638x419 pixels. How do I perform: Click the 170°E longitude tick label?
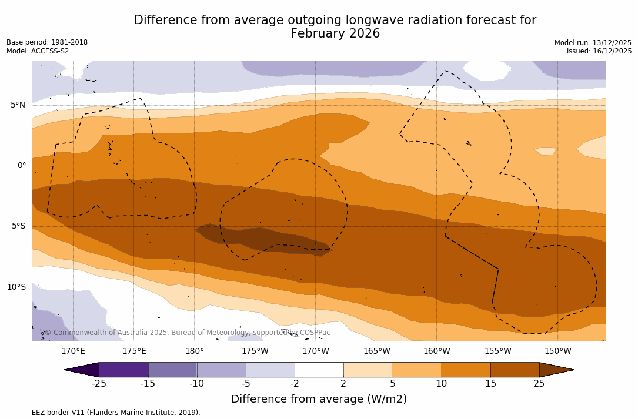(x=73, y=351)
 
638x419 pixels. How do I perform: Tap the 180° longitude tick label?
(x=195, y=351)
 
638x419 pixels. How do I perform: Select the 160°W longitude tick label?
(x=437, y=351)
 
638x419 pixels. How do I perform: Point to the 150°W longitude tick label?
(x=558, y=351)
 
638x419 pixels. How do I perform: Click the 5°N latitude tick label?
(x=18, y=105)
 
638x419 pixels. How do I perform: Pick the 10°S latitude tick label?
(x=16, y=287)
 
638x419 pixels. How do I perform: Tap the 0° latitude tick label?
(x=21, y=166)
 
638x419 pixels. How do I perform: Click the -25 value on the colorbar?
(x=99, y=384)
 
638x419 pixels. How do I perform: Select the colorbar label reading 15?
(x=490, y=384)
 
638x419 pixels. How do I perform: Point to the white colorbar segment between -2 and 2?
(x=319, y=370)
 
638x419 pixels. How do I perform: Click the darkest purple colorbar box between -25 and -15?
(x=123, y=370)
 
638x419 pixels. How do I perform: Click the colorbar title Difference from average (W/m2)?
(x=319, y=400)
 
